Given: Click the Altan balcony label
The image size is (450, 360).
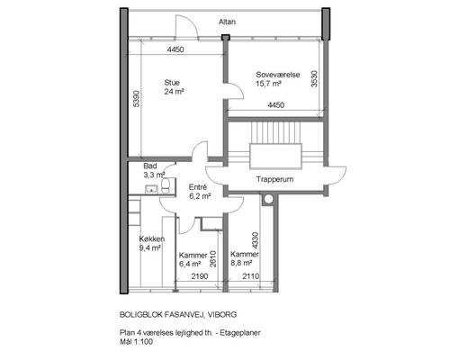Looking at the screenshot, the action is (227, 22).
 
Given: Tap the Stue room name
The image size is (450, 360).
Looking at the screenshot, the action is (172, 83).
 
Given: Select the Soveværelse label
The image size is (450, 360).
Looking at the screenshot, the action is (278, 75).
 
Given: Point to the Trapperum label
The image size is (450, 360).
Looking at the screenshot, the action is (274, 179).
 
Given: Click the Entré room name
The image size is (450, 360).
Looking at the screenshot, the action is (198, 187).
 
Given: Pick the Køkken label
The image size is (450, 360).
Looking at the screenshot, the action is (152, 239).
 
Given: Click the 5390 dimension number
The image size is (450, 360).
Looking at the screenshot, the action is (136, 99).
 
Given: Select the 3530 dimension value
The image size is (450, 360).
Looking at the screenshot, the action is (314, 78).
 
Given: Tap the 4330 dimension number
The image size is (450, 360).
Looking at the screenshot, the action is (255, 240).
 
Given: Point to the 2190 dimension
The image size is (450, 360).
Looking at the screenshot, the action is (200, 276).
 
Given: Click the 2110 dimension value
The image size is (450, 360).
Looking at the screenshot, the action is (250, 276).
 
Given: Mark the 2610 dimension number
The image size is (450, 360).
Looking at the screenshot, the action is (212, 259).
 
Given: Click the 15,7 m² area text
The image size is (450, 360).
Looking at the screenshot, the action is (268, 84).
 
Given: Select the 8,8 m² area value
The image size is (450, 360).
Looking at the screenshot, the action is (241, 263).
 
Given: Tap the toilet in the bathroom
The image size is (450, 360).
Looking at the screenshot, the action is (166, 186).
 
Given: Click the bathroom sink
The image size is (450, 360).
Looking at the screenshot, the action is (151, 189).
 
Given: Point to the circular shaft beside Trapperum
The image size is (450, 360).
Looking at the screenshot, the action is (268, 199).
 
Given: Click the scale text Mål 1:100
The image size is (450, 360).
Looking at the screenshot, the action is (136, 342).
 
